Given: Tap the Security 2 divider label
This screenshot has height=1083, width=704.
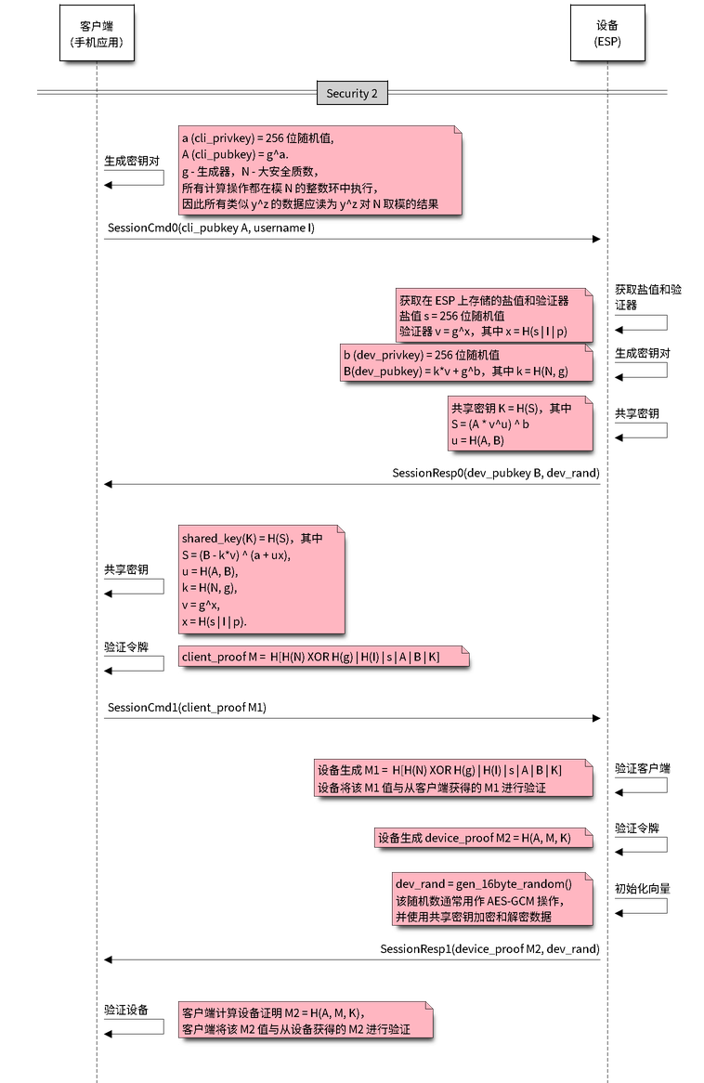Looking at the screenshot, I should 352,93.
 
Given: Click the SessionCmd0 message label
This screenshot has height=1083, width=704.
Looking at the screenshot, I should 211,228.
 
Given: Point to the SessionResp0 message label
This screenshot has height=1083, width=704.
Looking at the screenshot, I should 496,474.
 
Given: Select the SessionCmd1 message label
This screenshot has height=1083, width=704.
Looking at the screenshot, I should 187,708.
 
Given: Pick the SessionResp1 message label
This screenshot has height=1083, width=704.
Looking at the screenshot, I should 490,948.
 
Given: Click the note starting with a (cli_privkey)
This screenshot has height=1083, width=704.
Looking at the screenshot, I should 319,171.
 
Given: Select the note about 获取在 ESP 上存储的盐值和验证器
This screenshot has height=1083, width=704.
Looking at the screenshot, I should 493,315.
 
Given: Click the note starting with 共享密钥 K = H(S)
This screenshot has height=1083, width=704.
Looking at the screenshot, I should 519,424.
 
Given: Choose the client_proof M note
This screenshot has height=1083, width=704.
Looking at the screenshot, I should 324,657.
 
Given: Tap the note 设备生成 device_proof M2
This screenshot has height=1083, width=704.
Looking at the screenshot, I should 483,838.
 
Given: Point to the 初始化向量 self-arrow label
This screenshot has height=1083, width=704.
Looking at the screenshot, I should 642,889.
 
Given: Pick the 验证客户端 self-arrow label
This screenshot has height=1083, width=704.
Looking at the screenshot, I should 642,769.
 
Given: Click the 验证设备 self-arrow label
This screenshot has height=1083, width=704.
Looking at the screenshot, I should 125,1008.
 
